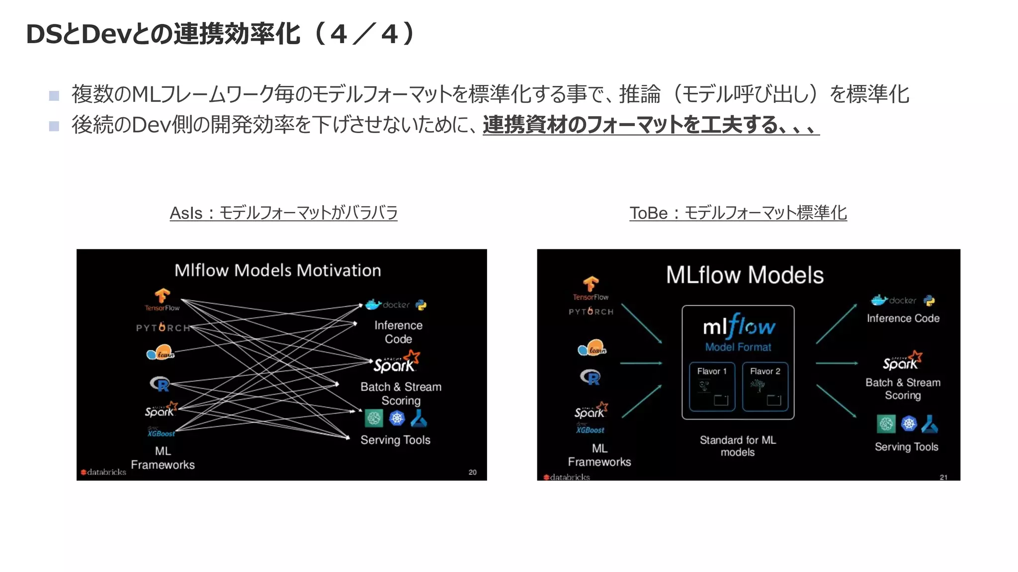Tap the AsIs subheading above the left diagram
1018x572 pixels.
pyautogui.click(x=283, y=213)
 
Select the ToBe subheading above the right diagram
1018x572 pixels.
pyautogui.click(x=738, y=213)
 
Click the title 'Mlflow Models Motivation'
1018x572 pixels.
pyautogui.click(x=277, y=270)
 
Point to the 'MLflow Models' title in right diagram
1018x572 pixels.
pyautogui.click(x=745, y=275)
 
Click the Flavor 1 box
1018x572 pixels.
pyautogui.click(x=712, y=387)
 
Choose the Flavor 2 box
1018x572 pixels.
pyautogui.click(x=765, y=387)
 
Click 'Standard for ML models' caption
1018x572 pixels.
pyautogui.click(x=738, y=446)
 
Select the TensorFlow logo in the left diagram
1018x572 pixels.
pyautogui.click(x=162, y=300)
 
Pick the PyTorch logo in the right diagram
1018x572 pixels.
pyautogui.click(x=591, y=311)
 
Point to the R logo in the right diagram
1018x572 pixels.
pyautogui.click(x=591, y=378)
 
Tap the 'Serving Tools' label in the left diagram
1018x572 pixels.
pyautogui.click(x=395, y=440)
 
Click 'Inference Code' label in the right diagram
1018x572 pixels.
pyautogui.click(x=903, y=318)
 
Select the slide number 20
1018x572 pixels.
pyautogui.click(x=472, y=472)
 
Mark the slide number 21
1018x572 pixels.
pyautogui.click(x=943, y=477)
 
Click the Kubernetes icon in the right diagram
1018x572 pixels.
pyautogui.click(x=909, y=424)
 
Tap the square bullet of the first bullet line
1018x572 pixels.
pyautogui.click(x=54, y=95)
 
